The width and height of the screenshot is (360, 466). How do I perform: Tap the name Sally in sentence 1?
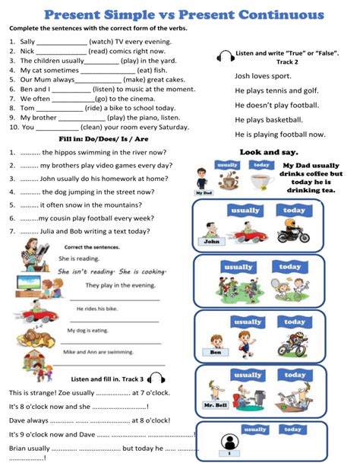tap(28, 43)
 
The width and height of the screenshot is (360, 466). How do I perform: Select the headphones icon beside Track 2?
tap(225, 55)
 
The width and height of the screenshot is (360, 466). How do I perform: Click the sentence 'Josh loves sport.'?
tap(263, 76)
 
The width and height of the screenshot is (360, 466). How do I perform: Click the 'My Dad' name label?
tap(204, 193)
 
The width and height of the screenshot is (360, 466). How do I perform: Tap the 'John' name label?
tap(211, 241)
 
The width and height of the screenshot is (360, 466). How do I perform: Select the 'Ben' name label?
tap(215, 352)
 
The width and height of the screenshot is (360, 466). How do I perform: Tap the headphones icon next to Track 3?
tap(156, 378)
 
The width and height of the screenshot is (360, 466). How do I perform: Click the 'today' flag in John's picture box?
tap(294, 211)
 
